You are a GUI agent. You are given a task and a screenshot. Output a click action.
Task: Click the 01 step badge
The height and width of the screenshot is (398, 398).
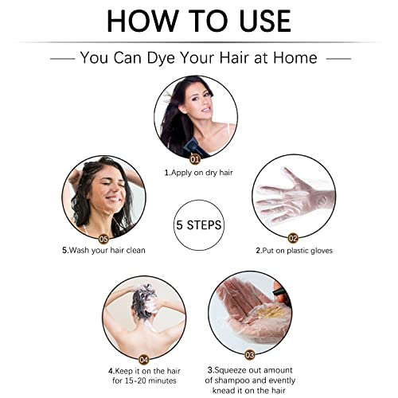195,159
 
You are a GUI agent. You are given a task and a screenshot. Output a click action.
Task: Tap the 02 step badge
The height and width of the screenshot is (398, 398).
293,238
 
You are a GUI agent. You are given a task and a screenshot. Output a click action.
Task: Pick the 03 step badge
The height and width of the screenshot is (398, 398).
250,354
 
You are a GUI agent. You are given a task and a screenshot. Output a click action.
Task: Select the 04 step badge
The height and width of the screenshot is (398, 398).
143,360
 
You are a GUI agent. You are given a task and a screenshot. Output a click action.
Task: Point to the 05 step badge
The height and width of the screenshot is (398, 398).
103,239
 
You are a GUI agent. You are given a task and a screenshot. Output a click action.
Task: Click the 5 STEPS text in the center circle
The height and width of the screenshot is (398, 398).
199,225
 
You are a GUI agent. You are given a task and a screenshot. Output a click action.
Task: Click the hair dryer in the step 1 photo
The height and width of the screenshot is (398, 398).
193,147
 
